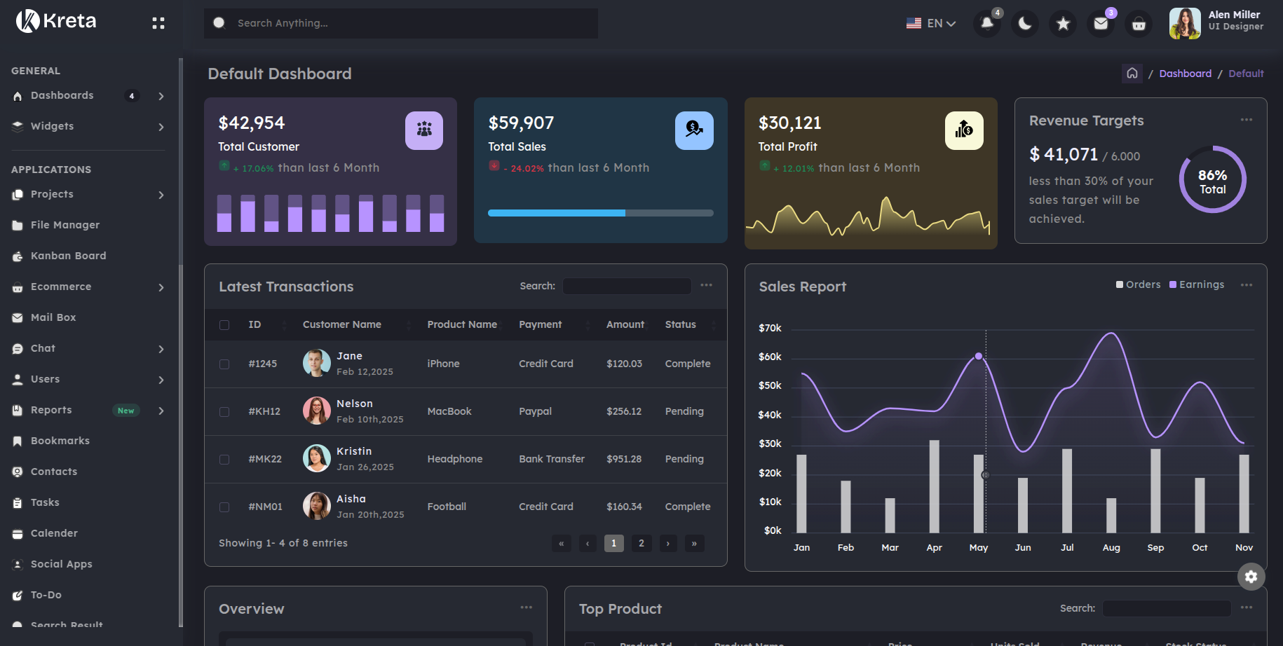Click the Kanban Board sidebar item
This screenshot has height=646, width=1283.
68,256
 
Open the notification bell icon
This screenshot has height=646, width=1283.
987,24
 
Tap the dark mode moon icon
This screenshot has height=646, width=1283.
1025,24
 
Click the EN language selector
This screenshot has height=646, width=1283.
931,24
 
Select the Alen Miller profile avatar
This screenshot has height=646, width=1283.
1185,23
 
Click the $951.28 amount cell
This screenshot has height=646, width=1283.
624,459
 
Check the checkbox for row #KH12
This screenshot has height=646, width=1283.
224,412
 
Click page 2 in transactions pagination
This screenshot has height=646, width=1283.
641,543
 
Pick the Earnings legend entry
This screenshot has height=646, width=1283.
1197,284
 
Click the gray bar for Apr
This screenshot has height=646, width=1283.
934,486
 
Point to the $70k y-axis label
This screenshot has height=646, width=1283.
770,328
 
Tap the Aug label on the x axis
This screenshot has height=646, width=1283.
1111,548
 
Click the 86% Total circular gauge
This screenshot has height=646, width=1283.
1212,180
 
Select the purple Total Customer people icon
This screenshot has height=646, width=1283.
424,130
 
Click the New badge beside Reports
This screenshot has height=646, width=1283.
126,411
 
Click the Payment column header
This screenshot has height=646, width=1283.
540,324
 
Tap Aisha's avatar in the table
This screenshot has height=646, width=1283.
316,506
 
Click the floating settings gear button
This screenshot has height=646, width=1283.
1251,577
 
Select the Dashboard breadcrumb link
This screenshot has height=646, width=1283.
1185,74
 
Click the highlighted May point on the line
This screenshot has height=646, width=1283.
979,357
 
